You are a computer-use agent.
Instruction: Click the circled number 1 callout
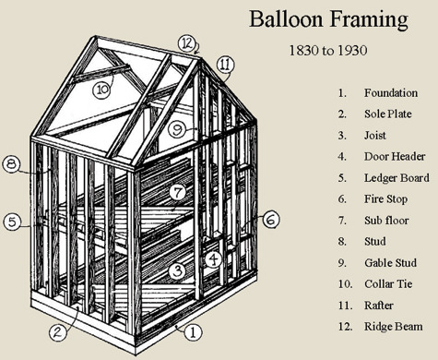click(193, 332)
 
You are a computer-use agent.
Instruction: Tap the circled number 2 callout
click(58, 332)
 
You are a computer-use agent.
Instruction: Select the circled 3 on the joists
click(177, 271)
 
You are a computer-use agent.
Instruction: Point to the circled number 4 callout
click(213, 259)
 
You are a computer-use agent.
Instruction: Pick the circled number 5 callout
click(12, 222)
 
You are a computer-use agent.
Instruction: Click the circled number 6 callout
click(271, 220)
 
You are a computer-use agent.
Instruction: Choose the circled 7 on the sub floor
click(178, 193)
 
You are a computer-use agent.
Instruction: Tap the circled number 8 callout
click(11, 164)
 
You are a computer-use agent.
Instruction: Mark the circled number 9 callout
click(177, 129)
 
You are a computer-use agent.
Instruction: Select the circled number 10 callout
click(102, 90)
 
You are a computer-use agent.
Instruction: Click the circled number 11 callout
click(225, 65)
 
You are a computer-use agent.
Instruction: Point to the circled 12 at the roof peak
click(187, 44)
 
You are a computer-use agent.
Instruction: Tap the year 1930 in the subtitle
click(352, 50)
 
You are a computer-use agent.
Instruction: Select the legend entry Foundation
click(391, 93)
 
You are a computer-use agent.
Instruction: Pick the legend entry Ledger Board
click(397, 178)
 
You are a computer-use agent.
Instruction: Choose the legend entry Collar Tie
click(388, 283)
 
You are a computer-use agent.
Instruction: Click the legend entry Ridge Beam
click(394, 327)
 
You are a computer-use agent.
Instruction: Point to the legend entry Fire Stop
click(386, 199)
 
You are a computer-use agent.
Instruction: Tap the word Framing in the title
click(369, 20)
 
